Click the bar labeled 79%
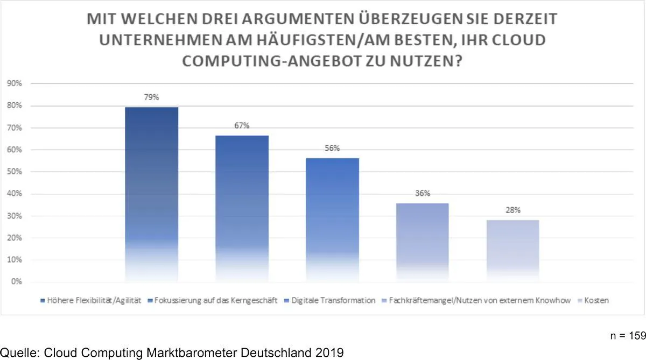tap(151, 194)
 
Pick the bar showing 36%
tap(423, 242)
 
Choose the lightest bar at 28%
tap(512, 250)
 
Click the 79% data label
tap(151, 97)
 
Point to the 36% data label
tap(423, 194)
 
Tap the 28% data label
tap(512, 210)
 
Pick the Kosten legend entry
tap(596, 300)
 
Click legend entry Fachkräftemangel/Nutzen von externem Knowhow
tap(479, 300)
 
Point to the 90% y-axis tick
tap(15, 84)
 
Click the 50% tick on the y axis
tap(15, 172)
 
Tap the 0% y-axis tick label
tap(16, 281)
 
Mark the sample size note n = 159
tap(628, 336)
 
